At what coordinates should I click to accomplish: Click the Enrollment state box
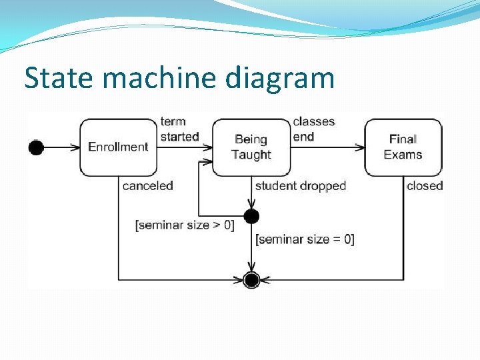click(118, 147)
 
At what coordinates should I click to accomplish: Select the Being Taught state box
click(251, 147)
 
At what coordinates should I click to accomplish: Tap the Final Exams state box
click(403, 147)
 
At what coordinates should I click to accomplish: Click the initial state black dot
click(36, 147)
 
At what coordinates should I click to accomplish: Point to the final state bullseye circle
click(251, 280)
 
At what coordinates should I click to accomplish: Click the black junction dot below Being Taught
click(251, 216)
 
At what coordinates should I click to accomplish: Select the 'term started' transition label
click(179, 129)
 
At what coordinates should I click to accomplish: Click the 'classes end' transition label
click(313, 129)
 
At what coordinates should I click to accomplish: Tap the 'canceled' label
click(147, 186)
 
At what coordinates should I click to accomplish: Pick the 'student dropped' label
click(300, 186)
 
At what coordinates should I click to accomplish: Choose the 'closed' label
click(425, 186)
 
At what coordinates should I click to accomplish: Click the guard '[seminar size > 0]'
click(185, 225)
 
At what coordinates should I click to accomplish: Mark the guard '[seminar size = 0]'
click(305, 239)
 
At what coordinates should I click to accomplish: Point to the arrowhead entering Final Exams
click(361, 147)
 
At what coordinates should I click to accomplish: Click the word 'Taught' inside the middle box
click(251, 155)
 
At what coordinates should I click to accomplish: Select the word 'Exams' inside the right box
click(403, 155)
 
